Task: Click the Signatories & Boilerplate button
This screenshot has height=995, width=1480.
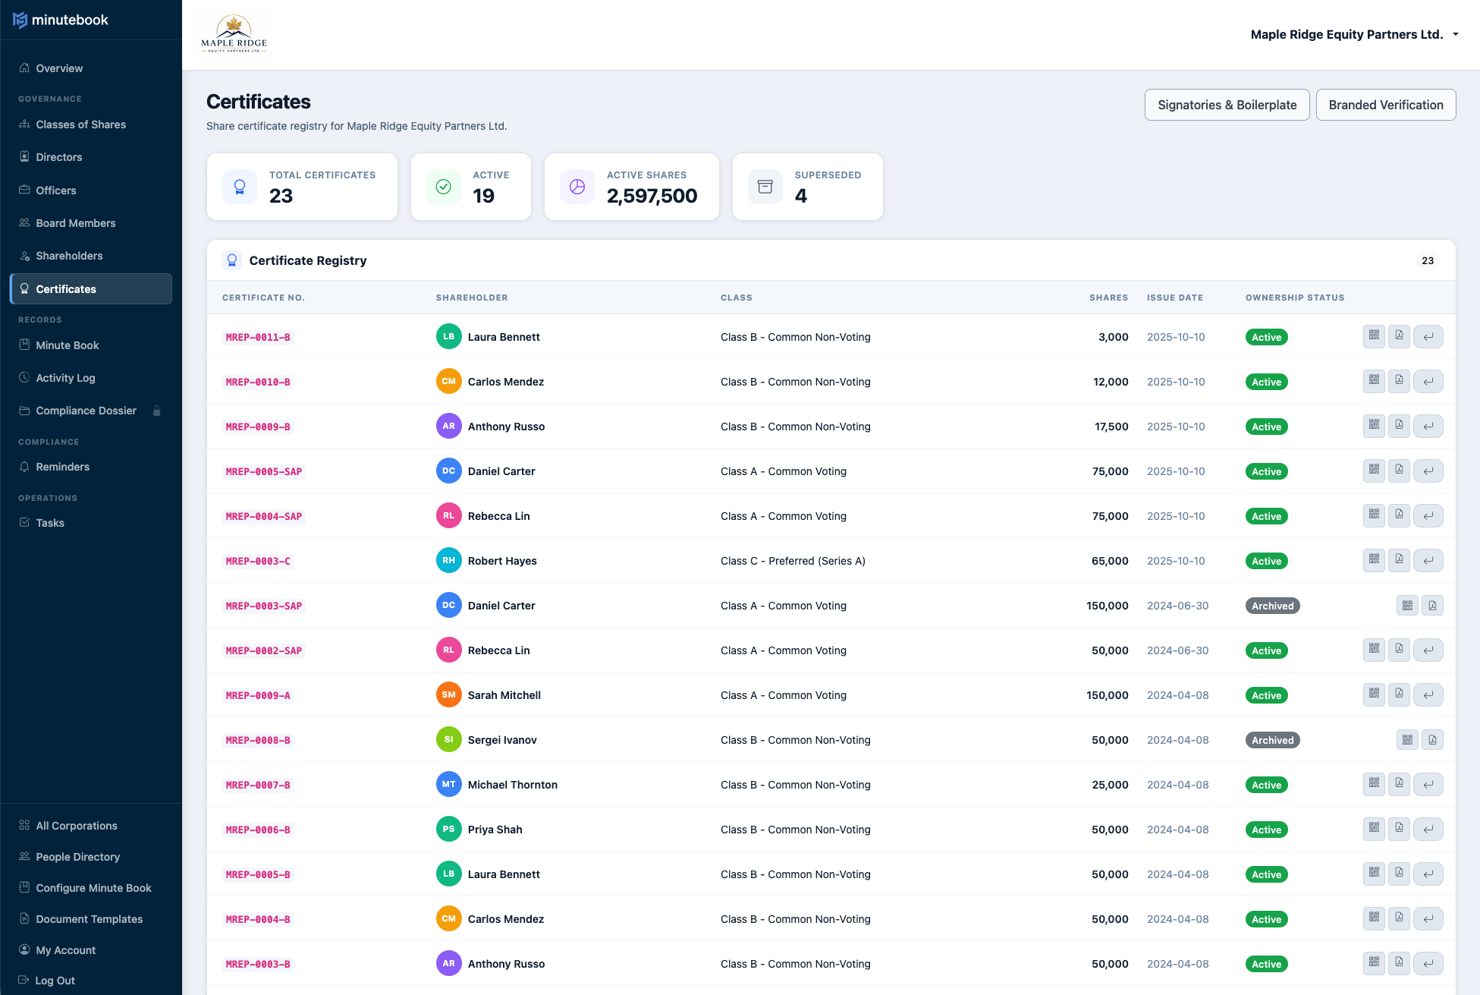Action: click(1227, 105)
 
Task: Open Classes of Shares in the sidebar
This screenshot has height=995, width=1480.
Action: click(80, 124)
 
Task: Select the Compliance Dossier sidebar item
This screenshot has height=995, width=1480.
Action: click(86, 411)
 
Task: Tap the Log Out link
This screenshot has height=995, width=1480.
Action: click(55, 980)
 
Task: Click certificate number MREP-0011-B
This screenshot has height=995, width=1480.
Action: click(258, 337)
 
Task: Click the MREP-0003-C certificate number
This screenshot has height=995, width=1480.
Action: click(258, 561)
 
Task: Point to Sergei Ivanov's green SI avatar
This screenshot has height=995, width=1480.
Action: click(448, 740)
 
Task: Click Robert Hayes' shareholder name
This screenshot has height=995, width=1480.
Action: click(502, 561)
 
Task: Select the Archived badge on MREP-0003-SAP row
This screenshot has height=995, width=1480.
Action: click(1272, 606)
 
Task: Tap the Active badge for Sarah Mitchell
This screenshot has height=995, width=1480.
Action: click(1266, 695)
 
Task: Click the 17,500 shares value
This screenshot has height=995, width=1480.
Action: click(1111, 427)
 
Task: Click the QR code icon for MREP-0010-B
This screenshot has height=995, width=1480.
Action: click(1374, 381)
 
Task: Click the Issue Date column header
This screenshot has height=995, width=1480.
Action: click(1174, 298)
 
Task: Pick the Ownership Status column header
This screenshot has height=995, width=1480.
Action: click(1294, 298)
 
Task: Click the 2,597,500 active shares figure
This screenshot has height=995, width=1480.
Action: click(652, 196)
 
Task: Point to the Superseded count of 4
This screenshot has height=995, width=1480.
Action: click(801, 196)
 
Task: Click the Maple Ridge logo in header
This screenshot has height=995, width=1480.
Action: click(234, 34)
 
